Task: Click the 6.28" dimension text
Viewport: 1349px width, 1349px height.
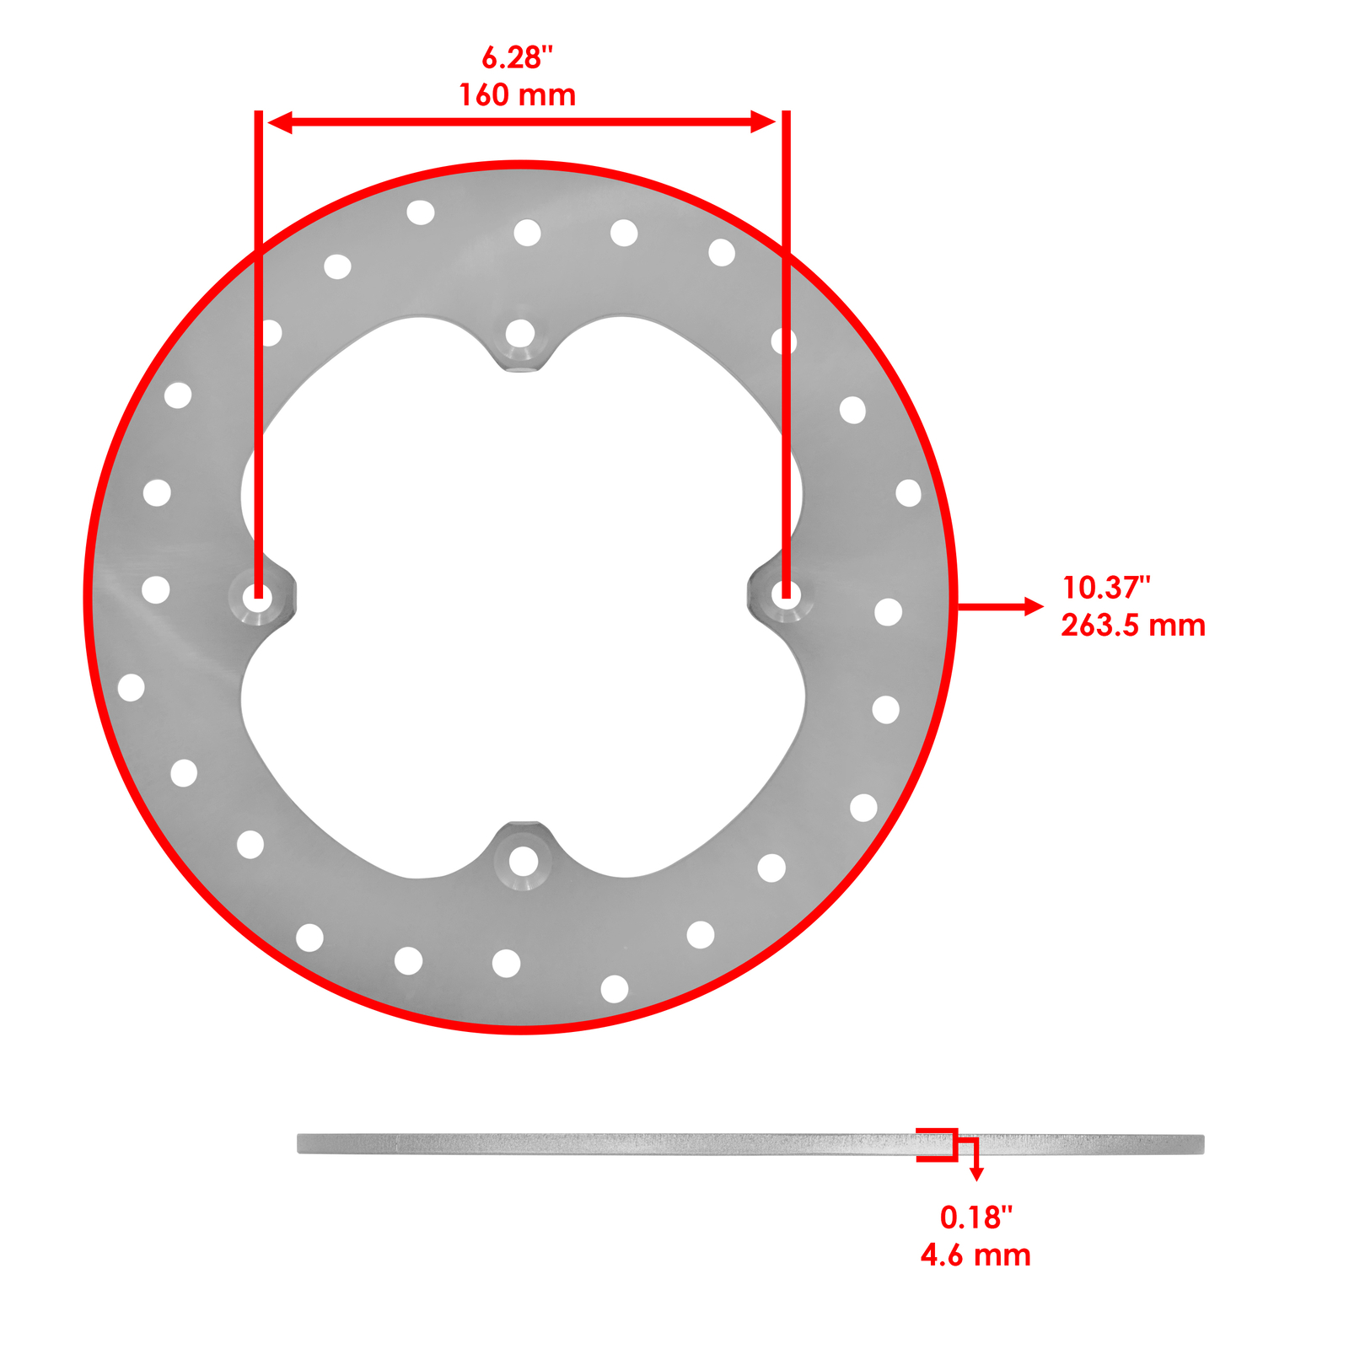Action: (x=517, y=58)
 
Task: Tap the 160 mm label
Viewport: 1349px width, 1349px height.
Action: (x=517, y=95)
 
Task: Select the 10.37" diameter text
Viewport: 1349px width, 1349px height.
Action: (x=1106, y=587)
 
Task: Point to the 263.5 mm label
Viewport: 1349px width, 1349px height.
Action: (x=1132, y=626)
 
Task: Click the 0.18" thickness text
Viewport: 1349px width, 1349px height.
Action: (x=975, y=1217)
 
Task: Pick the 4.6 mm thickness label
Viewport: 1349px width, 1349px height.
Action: (x=975, y=1255)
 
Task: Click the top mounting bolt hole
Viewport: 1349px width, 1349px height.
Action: (x=520, y=334)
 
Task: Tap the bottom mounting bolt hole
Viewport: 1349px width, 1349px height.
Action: (x=523, y=862)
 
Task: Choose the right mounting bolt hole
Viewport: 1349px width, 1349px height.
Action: (x=786, y=595)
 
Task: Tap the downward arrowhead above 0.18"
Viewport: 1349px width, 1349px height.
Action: (x=976, y=1175)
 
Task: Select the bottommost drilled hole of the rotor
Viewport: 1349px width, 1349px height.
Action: (x=614, y=989)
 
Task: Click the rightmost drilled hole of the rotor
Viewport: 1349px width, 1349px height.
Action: (x=908, y=493)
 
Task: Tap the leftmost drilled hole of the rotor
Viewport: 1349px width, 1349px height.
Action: (x=131, y=687)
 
